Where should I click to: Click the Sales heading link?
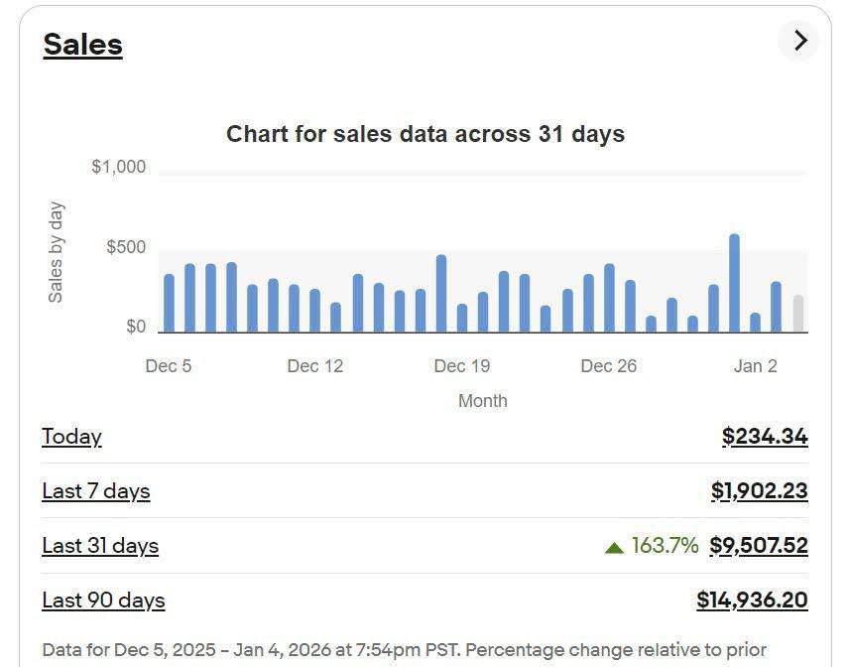[82, 45]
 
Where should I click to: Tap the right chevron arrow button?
[799, 41]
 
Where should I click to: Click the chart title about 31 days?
[424, 134]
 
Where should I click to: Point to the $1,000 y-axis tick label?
[118, 167]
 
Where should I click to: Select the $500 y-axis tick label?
[126, 247]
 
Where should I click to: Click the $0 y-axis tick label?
[136, 327]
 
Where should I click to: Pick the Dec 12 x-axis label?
[314, 366]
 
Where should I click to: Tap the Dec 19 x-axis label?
[461, 366]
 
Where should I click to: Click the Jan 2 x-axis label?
[755, 366]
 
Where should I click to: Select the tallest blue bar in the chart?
[734, 284]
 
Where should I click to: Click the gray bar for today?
[797, 314]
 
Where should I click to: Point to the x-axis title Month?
[482, 401]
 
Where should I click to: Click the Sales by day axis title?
[56, 252]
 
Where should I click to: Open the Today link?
[71, 437]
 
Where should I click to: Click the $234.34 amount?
[765, 437]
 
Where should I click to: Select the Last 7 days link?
[95, 491]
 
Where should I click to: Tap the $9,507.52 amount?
[759, 546]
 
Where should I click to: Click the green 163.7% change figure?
[664, 546]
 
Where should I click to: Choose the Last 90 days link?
[103, 600]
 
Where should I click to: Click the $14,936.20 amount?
[752, 600]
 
